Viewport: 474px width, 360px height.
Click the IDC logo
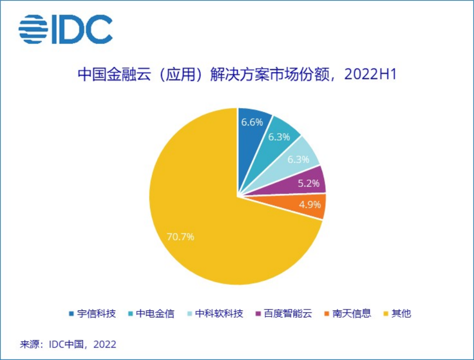(x=65, y=29)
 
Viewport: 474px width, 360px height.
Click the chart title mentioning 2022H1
(x=237, y=75)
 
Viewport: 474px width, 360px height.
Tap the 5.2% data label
(x=308, y=183)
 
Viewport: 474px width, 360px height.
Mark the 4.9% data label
(x=309, y=204)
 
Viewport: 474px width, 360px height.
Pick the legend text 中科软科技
(x=219, y=314)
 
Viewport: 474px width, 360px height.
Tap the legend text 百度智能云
(x=288, y=314)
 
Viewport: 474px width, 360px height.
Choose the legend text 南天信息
(x=352, y=314)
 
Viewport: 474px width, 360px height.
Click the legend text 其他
(x=401, y=314)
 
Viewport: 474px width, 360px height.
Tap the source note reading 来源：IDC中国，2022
(x=68, y=344)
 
